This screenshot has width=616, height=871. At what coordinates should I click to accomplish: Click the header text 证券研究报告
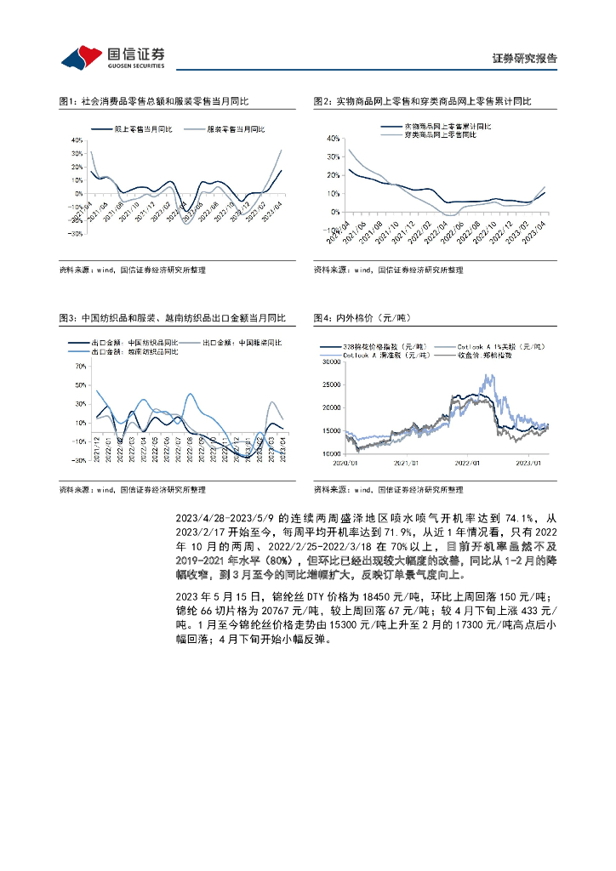click(525, 59)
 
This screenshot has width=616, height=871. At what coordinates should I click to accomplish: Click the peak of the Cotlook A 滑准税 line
click(488, 375)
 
